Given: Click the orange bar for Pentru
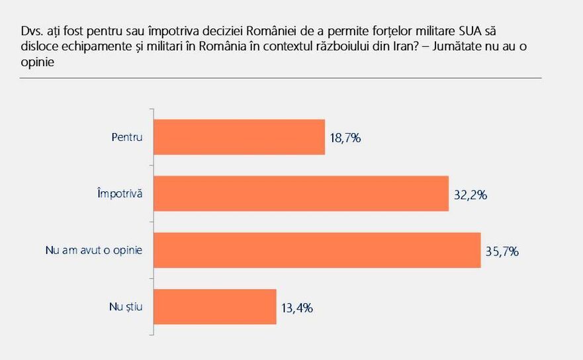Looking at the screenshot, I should coord(239,137).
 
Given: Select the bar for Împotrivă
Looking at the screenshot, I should coord(300,193).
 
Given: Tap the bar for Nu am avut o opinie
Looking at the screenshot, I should coord(316,249).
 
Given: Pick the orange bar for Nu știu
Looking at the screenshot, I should coord(214,306).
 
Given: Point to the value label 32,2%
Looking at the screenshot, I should coord(469,195).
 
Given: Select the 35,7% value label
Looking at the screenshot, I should coord(501,251).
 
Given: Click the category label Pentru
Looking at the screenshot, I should coord(128,137).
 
